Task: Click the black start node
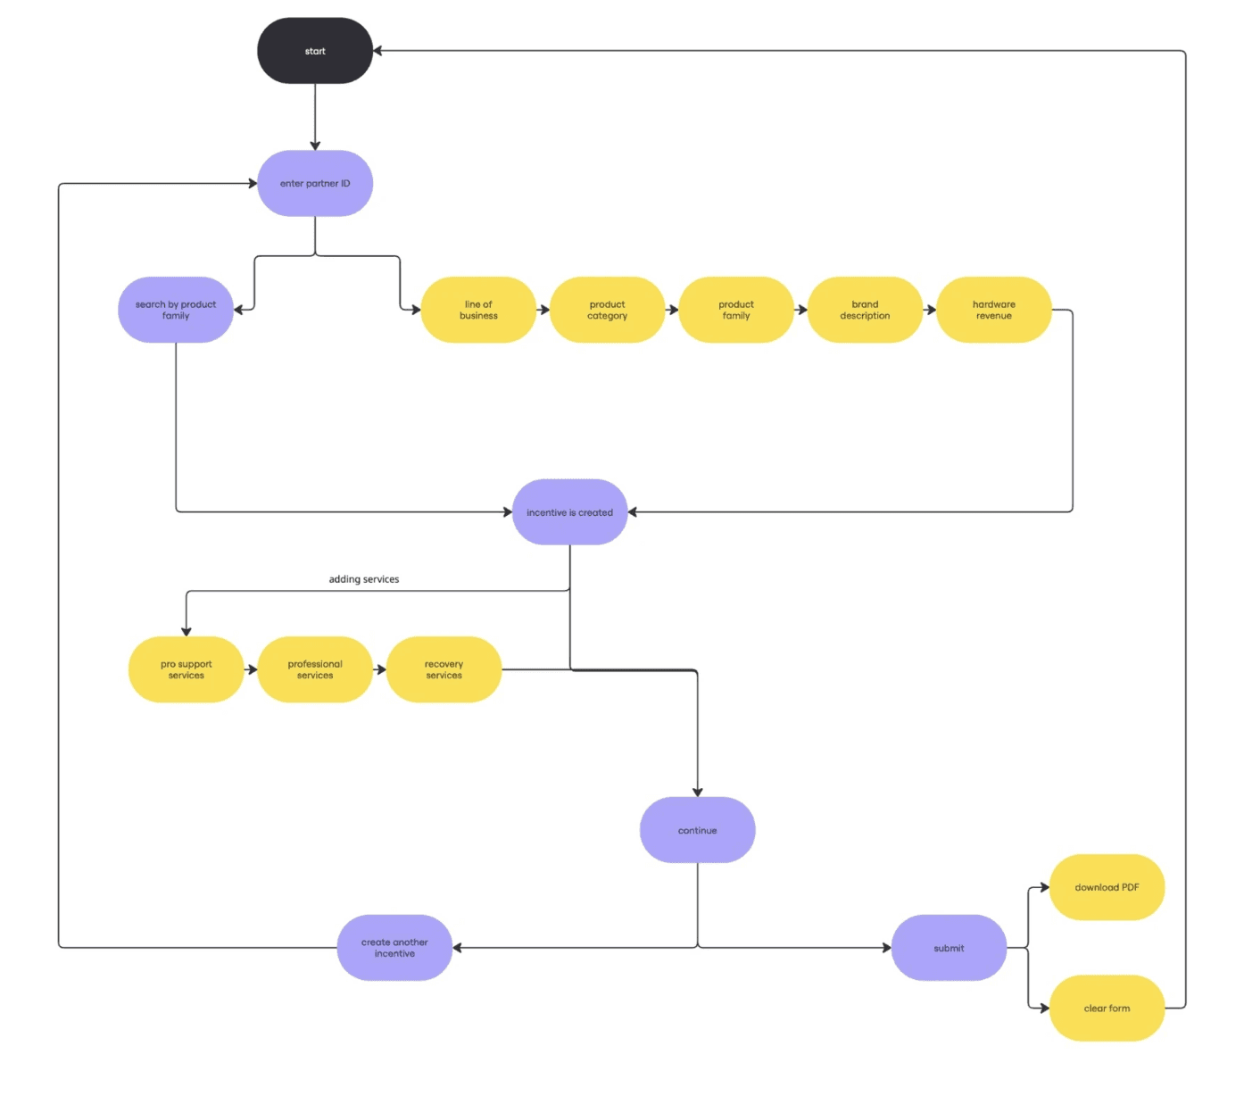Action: tap(314, 51)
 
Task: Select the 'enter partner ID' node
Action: tap(314, 184)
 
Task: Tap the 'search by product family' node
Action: tap(176, 310)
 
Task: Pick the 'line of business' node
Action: tap(478, 310)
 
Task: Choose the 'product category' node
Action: tap(607, 310)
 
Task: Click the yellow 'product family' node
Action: tap(735, 310)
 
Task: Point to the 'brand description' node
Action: tap(864, 310)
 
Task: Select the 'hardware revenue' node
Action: tap(993, 310)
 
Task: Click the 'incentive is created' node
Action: tap(569, 512)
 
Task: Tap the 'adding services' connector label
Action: tap(364, 579)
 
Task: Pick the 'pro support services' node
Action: tap(186, 669)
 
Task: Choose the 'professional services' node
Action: tap(314, 669)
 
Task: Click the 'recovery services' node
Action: tap(444, 669)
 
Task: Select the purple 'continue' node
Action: tap(697, 830)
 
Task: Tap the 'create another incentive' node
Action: tap(394, 948)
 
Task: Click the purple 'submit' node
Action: tap(949, 948)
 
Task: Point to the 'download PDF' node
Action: tap(1107, 887)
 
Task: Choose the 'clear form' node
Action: tap(1107, 1009)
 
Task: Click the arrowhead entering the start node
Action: tap(377, 51)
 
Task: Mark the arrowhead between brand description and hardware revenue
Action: tap(931, 310)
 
